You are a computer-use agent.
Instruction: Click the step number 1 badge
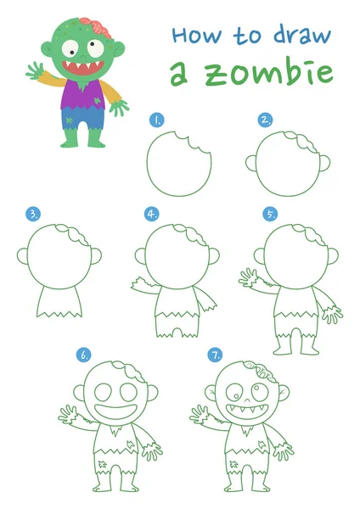(x=157, y=120)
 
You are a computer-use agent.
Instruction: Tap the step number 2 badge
(x=266, y=120)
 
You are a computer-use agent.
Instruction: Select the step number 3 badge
(x=34, y=214)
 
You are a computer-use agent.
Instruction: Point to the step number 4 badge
(x=152, y=214)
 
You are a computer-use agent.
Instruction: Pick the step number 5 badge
(x=270, y=214)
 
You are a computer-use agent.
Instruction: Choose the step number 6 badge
(x=84, y=355)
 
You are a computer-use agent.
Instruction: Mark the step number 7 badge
(x=217, y=355)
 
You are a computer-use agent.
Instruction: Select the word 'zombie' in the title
(x=260, y=73)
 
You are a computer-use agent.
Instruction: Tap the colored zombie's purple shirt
(x=84, y=95)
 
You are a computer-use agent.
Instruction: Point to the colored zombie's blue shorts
(x=83, y=120)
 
